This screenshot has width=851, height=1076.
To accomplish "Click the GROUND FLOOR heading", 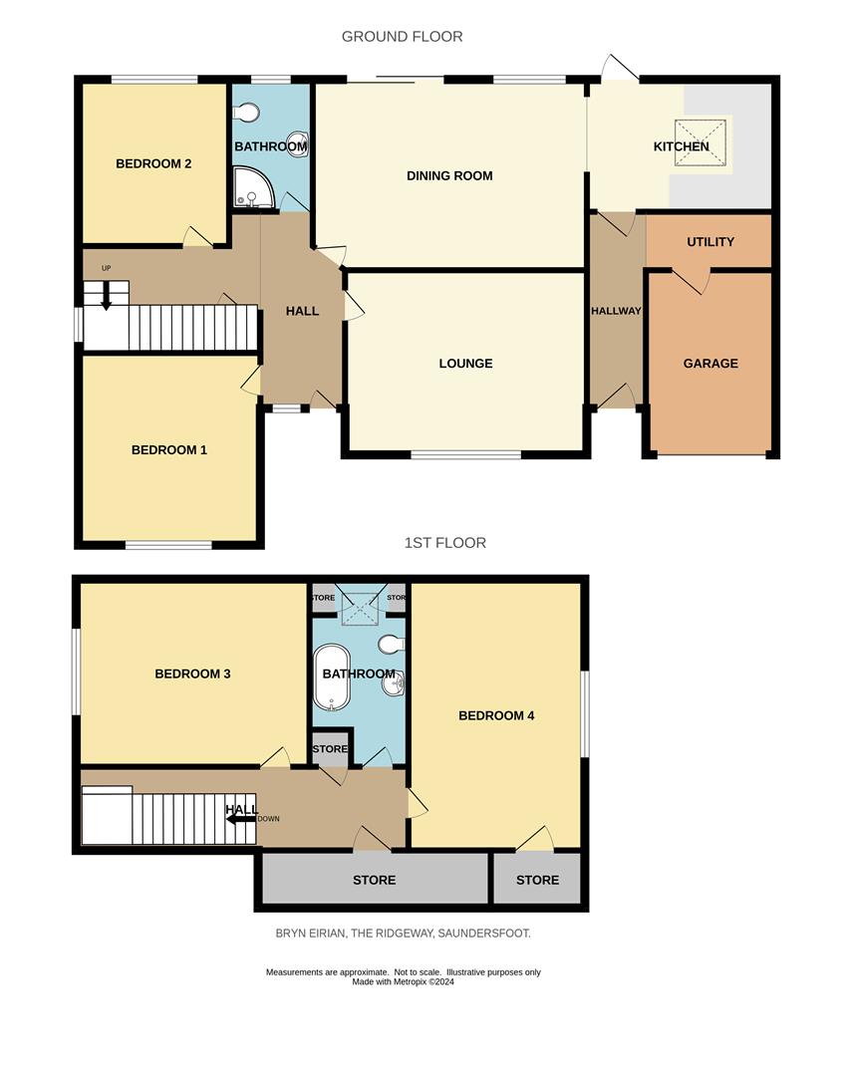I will (x=402, y=37).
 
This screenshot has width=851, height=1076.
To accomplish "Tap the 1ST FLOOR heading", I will (x=444, y=543).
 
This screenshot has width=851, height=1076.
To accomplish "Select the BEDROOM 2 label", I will (x=153, y=163).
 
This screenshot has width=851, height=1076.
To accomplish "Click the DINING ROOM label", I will (x=449, y=176).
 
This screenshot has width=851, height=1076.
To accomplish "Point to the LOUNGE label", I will (x=465, y=364).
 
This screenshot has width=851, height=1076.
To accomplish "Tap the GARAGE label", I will (x=710, y=364).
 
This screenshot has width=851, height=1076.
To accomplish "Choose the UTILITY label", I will (x=710, y=242).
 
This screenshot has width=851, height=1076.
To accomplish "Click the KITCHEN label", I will (x=681, y=147).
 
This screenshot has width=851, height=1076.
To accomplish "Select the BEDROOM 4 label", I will (x=496, y=715).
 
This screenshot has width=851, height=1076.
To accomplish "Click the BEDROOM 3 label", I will (x=192, y=674).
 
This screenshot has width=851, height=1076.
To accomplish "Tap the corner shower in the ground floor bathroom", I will (x=250, y=188).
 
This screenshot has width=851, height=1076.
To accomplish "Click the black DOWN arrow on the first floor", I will (x=240, y=818).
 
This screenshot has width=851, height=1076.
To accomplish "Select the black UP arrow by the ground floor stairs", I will (x=107, y=298).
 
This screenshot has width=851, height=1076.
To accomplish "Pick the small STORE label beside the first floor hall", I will (x=330, y=749).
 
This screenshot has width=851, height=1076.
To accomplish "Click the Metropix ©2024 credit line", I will (x=403, y=981).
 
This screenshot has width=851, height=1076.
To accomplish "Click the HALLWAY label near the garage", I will (x=616, y=311).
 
